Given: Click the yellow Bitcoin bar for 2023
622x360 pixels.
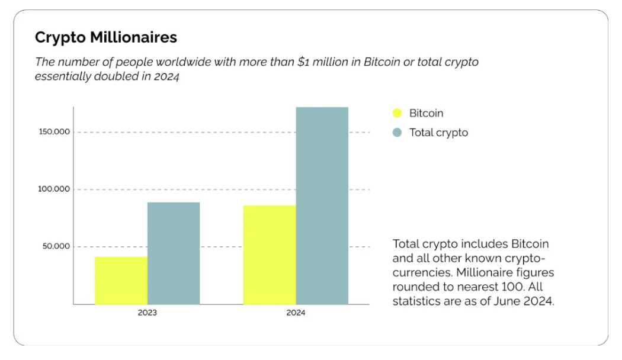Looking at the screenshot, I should point(121,281).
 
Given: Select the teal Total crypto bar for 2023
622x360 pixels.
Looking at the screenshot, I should point(174,253).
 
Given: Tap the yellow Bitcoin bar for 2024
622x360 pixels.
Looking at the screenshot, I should point(270,255).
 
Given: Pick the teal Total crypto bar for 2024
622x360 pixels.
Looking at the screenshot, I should point(322,205).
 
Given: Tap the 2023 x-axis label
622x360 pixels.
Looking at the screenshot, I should point(148,313).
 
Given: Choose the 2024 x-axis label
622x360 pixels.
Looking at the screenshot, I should point(296,313).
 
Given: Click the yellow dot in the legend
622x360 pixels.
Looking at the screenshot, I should point(397,113).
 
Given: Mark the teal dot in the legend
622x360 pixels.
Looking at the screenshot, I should point(397,133).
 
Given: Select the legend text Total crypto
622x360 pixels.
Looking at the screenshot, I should point(438,133).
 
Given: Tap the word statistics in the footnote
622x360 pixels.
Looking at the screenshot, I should point(416,301).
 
